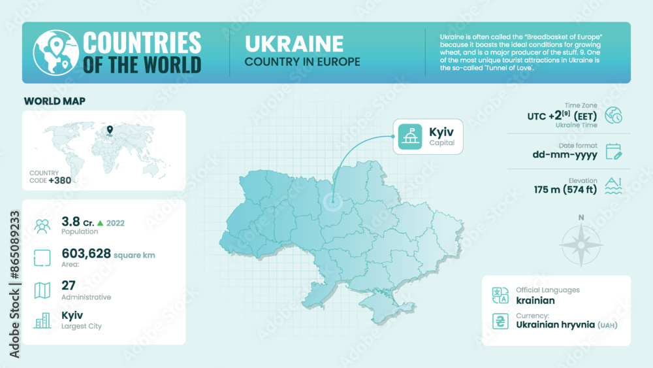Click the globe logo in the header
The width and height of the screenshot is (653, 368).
[53, 52]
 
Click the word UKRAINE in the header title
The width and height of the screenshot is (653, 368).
[294, 43]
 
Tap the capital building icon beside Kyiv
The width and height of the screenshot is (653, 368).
[409, 137]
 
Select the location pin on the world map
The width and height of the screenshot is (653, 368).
[110, 130]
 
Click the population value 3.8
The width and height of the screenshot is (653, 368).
[71, 222]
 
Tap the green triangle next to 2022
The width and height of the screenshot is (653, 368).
[100, 223]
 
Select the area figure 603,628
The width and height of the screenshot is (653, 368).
[86, 254]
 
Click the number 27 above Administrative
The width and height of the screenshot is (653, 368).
[69, 285]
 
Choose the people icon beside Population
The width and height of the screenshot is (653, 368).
[42, 226]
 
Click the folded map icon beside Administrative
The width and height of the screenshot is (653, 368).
[42, 290]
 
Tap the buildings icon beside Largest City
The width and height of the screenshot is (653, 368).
[42, 320]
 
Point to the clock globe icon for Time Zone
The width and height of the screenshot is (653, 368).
[613, 115]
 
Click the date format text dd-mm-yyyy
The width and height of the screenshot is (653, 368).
[564, 155]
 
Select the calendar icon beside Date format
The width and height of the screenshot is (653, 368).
[613, 152]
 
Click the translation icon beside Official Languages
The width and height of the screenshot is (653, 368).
[500, 295]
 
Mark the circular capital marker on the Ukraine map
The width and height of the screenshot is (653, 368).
[332, 203]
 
